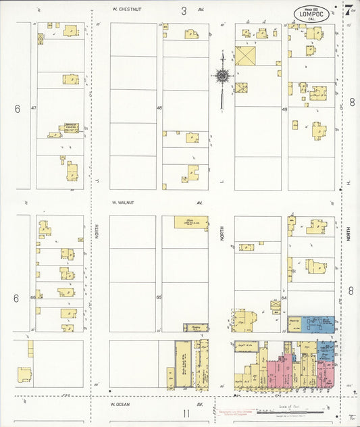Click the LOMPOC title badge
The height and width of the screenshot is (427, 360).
311,14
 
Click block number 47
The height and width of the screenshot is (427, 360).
32,108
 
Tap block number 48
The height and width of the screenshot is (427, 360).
159,108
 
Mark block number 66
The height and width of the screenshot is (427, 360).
32,297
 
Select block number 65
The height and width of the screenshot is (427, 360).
159,297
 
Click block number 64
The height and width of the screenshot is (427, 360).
284,297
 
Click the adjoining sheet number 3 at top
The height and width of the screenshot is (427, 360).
184,10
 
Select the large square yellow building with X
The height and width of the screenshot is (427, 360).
245,55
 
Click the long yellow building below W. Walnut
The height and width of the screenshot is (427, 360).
191,222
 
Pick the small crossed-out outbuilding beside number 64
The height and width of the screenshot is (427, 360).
276,305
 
